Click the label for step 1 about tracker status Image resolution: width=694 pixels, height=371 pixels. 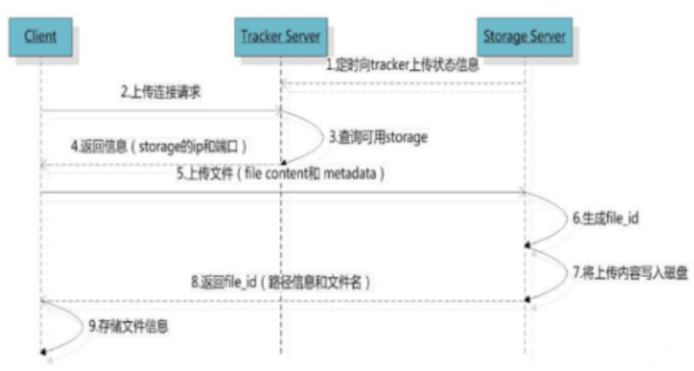point(401,66)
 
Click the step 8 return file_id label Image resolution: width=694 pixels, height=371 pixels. point(274,282)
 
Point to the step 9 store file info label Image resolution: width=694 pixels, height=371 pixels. point(130,327)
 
